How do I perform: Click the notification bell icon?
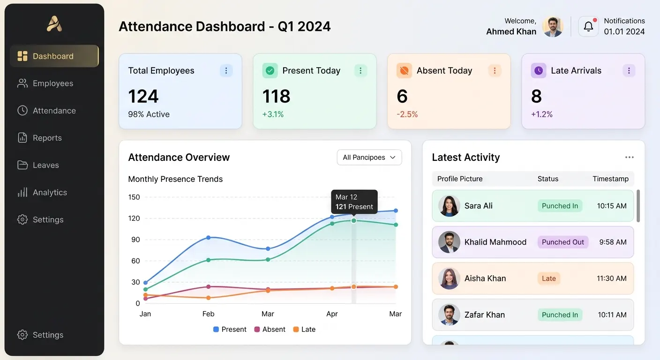tap(588, 27)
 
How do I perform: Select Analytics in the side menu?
tap(42, 192)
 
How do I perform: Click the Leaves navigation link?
tap(38, 165)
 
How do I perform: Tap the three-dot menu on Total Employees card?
tap(226, 71)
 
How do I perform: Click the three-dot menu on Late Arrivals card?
tap(629, 71)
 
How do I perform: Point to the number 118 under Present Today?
tap(276, 97)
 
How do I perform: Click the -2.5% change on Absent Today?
tap(407, 114)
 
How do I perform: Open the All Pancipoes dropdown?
tap(369, 157)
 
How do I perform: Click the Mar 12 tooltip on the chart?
tap(354, 202)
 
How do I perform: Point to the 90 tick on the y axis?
tap(135, 240)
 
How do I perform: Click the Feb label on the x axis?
tap(208, 314)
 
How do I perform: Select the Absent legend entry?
tap(270, 330)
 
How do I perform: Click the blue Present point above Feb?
tap(208, 238)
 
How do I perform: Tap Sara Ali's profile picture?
tap(449, 206)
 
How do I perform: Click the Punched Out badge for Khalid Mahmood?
tap(563, 242)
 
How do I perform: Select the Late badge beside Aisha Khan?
tap(548, 278)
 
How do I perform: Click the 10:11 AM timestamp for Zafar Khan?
tap(612, 315)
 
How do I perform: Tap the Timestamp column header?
tap(610, 179)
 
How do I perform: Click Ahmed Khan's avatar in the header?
tap(553, 27)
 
